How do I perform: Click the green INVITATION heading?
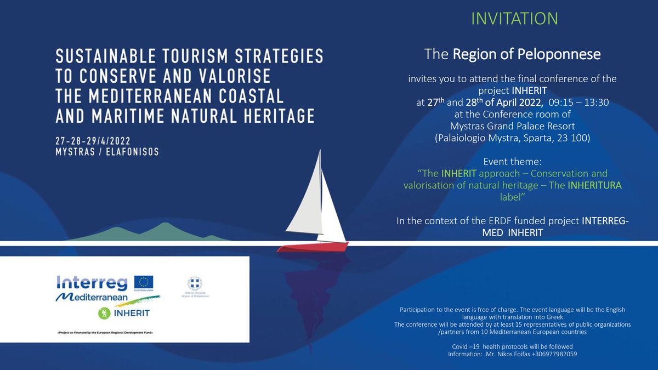tap(514, 18)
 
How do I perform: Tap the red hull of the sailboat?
tap(313, 247)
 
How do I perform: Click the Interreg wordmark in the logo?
tap(92, 283)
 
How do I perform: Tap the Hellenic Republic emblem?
tap(194, 283)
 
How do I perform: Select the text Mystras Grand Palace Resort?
tap(513, 127)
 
